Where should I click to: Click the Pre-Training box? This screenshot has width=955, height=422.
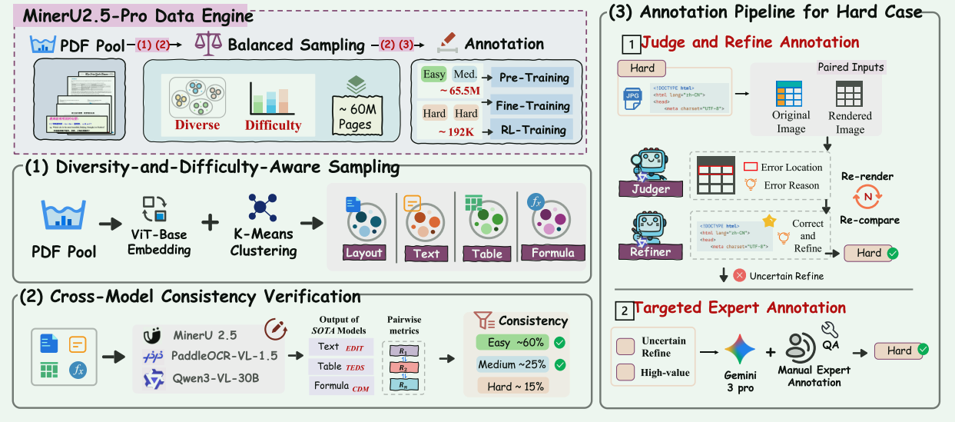[x=533, y=78]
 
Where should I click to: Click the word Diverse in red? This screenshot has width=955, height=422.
[x=197, y=125]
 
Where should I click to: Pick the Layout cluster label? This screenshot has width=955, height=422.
[x=363, y=253]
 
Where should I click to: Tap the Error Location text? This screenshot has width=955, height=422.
[x=791, y=167]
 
